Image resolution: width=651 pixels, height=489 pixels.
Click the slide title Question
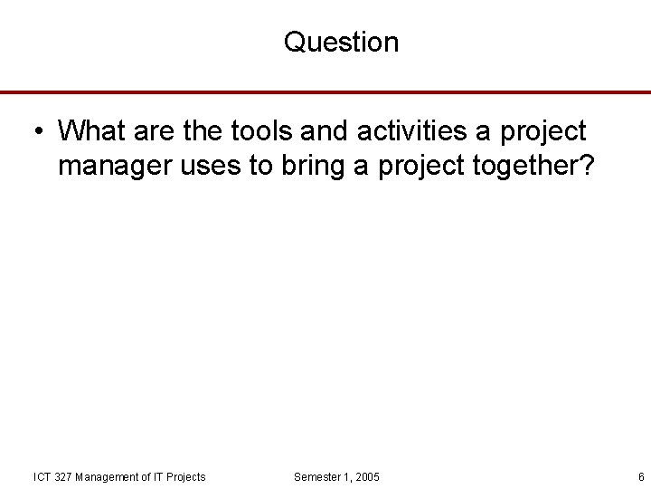coord(341,42)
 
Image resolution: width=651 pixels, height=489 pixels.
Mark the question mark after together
coord(585,167)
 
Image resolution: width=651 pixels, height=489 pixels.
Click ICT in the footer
coord(42,477)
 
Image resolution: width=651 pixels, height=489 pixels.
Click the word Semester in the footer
coord(317,477)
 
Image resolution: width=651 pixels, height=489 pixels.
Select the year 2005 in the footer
coord(367,477)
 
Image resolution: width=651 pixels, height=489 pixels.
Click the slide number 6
coord(640,477)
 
